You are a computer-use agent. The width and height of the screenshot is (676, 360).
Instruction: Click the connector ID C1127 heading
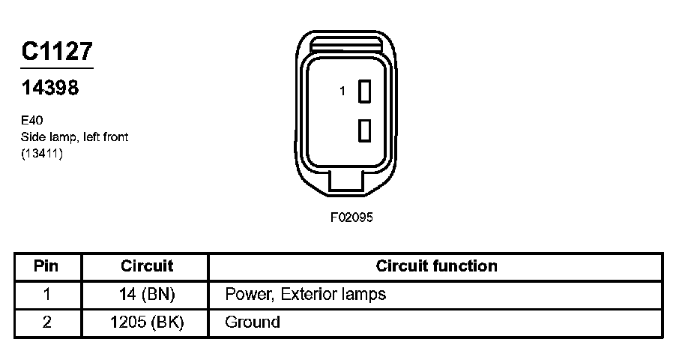57,51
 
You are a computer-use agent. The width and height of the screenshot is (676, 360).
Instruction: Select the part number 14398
49,88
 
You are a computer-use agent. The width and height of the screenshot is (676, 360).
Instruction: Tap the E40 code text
31,120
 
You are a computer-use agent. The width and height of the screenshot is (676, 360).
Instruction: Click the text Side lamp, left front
74,136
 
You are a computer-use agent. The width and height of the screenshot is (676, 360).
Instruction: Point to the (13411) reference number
42,154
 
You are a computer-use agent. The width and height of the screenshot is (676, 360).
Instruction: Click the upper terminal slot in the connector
365,91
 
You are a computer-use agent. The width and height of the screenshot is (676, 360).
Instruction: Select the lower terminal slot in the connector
365,130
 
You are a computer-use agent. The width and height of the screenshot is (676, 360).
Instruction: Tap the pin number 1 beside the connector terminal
342,91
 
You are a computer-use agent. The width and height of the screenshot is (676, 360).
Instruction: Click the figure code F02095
351,218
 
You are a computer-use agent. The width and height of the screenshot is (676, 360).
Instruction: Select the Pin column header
47,266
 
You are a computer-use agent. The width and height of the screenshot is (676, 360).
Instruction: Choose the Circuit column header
147,266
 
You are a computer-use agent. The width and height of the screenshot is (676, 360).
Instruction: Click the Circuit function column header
436,266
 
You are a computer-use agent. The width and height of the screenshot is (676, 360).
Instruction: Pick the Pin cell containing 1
47,294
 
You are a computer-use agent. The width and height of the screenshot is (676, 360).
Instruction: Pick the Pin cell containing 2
47,322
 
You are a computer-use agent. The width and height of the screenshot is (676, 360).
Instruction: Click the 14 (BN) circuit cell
147,294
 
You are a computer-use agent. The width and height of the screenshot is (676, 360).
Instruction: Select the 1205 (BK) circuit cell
147,322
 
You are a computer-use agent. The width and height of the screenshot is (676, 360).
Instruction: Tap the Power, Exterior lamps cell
305,294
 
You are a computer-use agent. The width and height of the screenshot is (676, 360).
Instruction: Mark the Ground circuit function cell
253,322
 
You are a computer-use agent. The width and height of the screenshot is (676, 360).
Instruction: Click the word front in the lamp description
113,136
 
